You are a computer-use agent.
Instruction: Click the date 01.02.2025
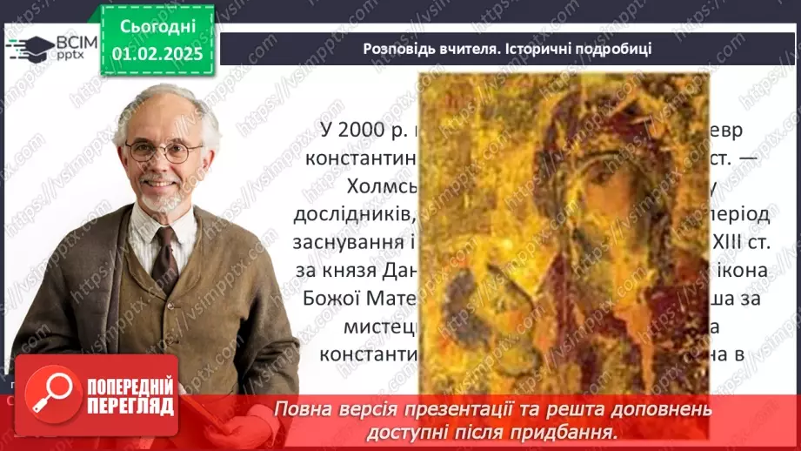(x=157, y=54)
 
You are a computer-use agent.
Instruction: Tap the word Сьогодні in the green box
(x=157, y=28)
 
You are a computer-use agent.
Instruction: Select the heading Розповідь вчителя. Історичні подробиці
(x=507, y=49)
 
